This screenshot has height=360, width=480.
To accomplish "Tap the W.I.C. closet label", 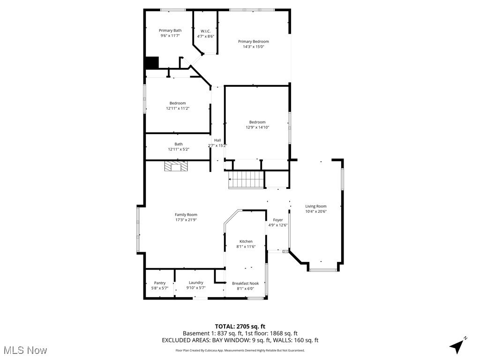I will point(205,31).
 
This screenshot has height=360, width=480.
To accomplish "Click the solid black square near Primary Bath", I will point(151,63).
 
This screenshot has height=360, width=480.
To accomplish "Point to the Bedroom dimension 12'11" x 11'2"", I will point(177,108).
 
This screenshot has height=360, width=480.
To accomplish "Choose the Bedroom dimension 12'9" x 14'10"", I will point(257,127).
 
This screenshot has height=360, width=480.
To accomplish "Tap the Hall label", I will point(217,140).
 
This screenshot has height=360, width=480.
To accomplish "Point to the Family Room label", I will point(186,215).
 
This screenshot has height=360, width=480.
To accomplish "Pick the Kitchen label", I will point(246,241).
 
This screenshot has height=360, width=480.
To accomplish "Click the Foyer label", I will point(278,220).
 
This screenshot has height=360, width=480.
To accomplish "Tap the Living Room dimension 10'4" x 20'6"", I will point(315,211).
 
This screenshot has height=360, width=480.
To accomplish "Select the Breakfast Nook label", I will point(245,283).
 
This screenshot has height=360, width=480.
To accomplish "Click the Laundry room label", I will point(196,283).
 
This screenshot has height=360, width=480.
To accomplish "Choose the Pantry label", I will point(160,283).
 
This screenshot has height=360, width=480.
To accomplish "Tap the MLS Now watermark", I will point(25,350).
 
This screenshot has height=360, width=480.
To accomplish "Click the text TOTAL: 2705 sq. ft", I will point(240,326).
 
